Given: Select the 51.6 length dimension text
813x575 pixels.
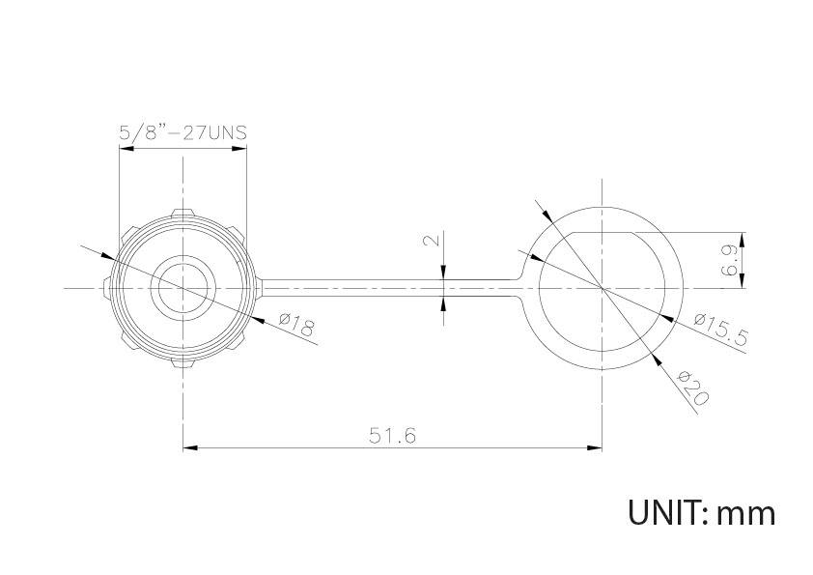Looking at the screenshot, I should coord(392,436).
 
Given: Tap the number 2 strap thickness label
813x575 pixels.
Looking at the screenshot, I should coord(433,241).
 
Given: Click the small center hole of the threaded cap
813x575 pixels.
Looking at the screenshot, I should coord(182,288).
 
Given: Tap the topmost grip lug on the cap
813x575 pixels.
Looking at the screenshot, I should coord(182,212).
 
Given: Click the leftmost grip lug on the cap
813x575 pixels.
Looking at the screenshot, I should coord(104,288).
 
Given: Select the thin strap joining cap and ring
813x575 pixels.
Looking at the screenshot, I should coord(386,288).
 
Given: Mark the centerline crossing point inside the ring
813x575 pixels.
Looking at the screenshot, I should coord(603,288).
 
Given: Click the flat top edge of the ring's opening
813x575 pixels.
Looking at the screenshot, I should coord(603,233).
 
